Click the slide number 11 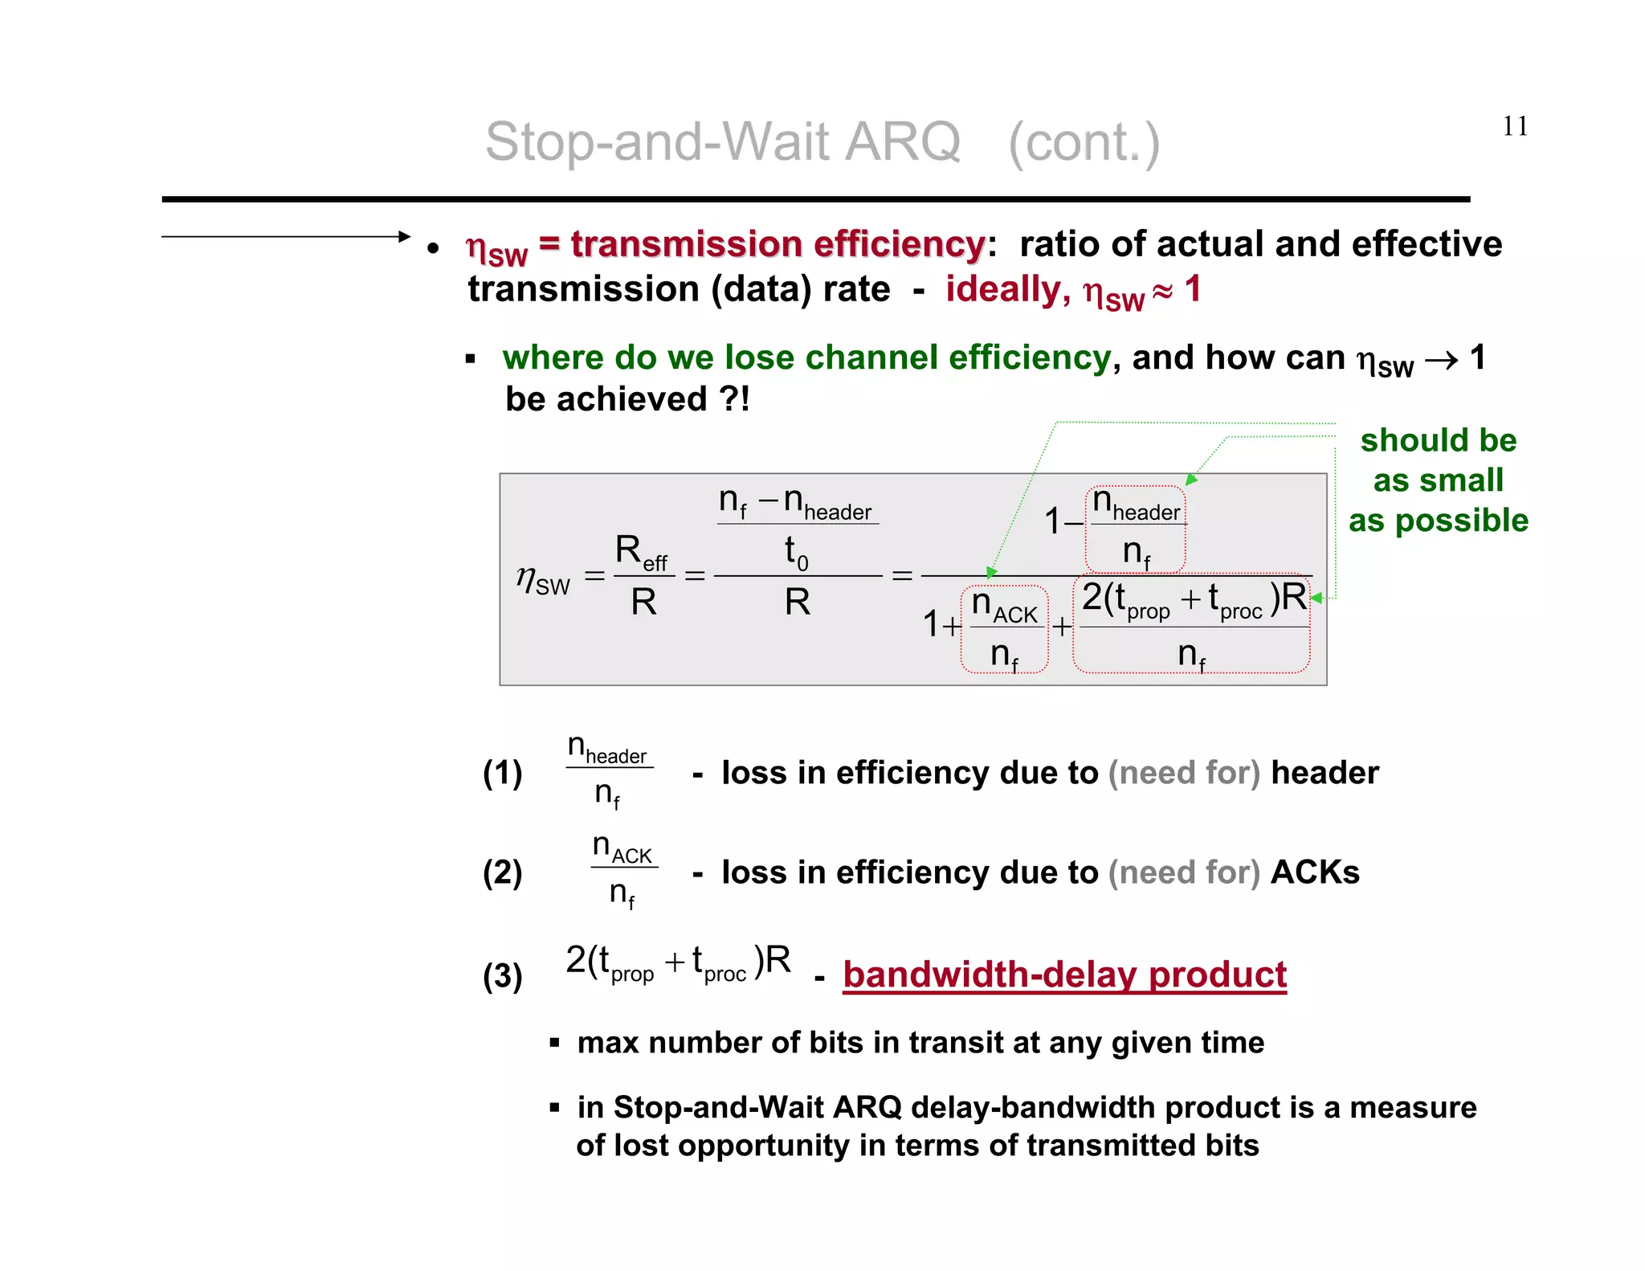[x=1515, y=126]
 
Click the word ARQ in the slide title [x=903, y=142]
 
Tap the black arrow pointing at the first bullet [x=285, y=236]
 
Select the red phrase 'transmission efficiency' [x=777, y=244]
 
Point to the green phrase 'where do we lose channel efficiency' [x=806, y=358]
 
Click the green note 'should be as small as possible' [x=1438, y=480]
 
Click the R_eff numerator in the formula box [x=641, y=553]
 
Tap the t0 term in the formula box [x=796, y=553]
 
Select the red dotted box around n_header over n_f [x=1136, y=529]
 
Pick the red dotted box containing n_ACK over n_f [x=1004, y=629]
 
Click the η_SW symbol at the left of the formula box [x=543, y=579]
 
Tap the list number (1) [x=502, y=773]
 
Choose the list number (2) [x=502, y=873]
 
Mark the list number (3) [x=502, y=976]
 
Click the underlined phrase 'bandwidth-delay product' [x=1064, y=975]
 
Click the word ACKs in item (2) [x=1315, y=873]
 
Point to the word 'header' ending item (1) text [x=1325, y=773]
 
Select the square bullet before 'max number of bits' [x=554, y=1043]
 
